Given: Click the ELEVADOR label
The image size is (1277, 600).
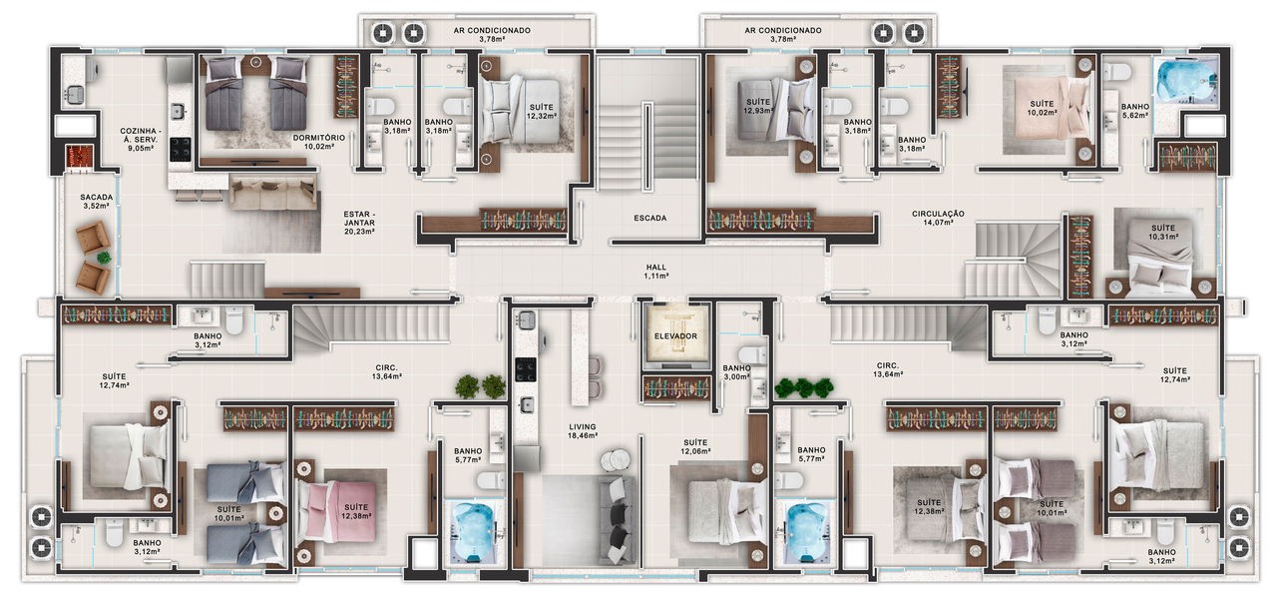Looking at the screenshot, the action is pos(675,335).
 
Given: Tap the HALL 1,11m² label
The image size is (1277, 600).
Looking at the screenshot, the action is pos(656,271).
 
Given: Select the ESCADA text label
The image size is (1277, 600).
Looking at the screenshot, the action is pos(649,218).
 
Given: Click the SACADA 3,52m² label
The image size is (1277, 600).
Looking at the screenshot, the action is pos(97,202).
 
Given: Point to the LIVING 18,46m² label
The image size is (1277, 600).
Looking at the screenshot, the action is pos(582,430).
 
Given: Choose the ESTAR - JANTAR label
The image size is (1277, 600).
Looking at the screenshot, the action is pos(359,223).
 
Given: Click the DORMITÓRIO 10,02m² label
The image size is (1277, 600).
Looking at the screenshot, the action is pos(318,142).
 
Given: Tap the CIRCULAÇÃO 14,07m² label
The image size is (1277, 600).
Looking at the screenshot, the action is pos(938,218).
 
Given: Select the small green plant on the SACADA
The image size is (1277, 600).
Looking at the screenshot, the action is pos(104,258).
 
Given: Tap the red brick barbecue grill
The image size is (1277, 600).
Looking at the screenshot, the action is pos(79,158).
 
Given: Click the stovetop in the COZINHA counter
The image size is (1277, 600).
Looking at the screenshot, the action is pos(182,150).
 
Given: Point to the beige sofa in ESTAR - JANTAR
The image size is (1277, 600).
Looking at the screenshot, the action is pos(272,193).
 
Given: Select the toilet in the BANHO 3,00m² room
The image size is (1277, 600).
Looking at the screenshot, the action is pos(752,354).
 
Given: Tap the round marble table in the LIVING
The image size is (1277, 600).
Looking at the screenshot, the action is pos(615,459).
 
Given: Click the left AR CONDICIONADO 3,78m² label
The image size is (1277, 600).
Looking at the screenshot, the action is pos(492,34).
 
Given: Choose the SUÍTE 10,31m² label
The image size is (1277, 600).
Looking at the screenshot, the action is pos(1163,232).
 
